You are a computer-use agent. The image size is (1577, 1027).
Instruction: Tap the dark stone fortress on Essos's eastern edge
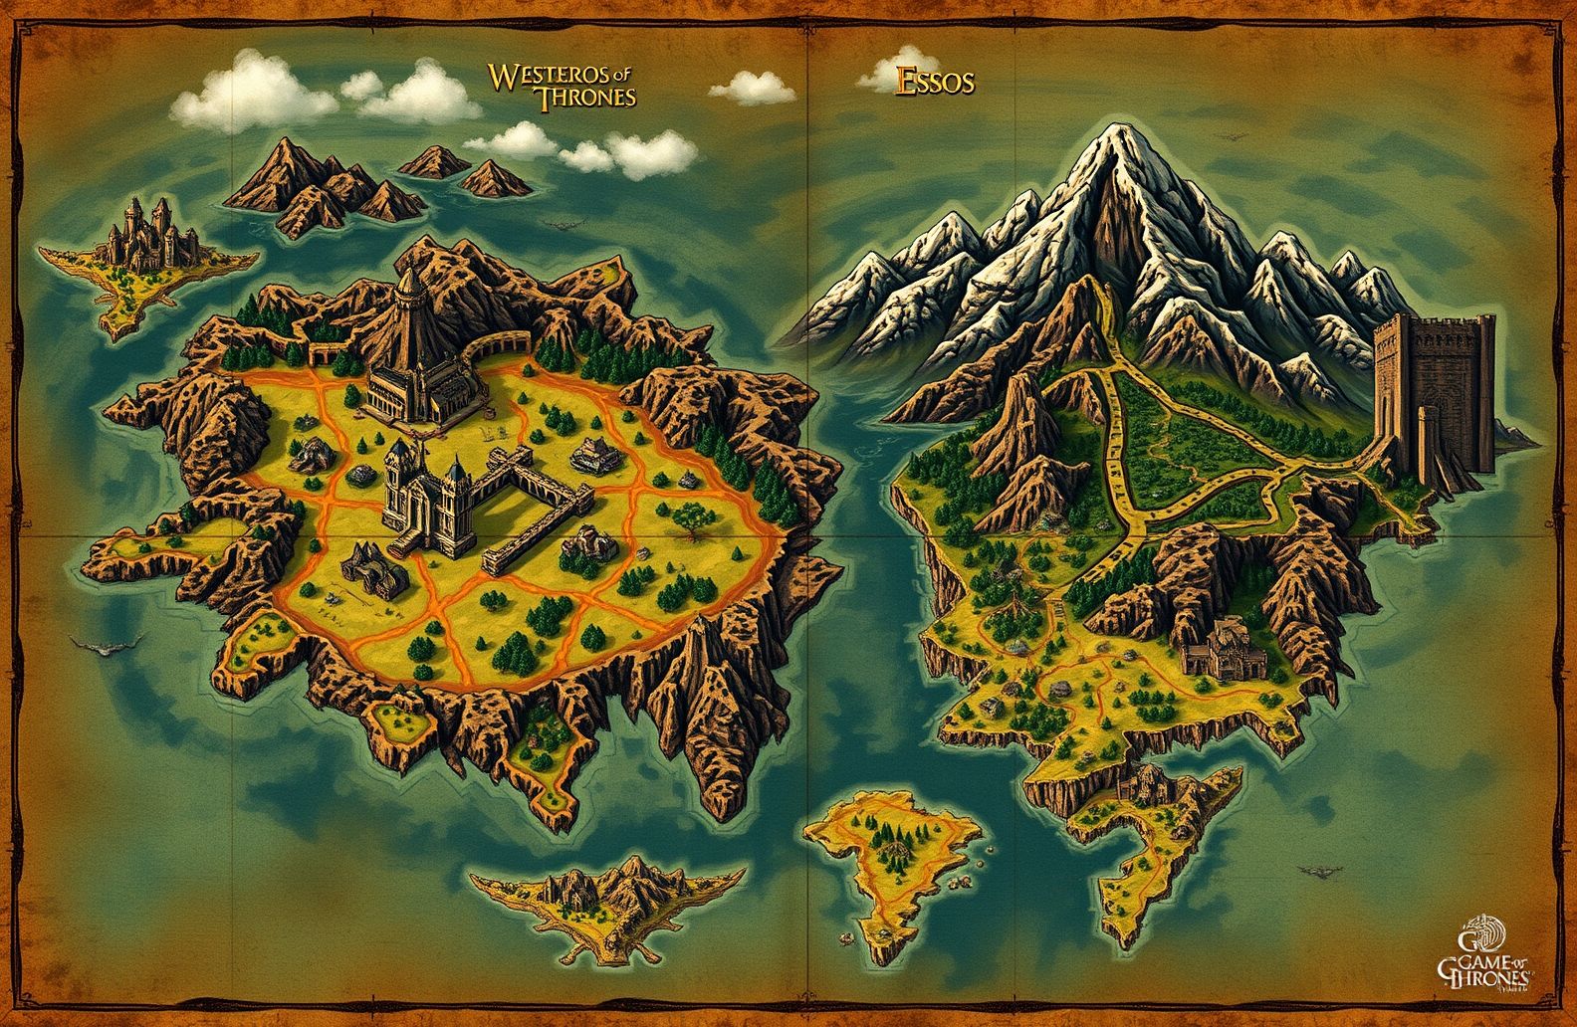(1435, 394)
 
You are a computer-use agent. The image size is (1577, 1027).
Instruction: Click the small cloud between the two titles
(753, 88)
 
